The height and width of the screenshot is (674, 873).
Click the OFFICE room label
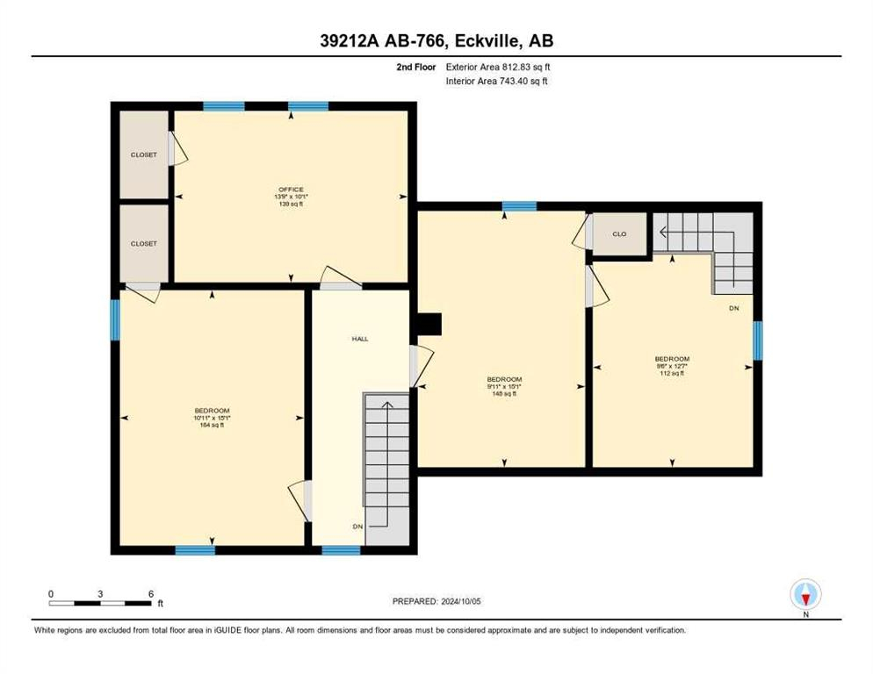point(291,190)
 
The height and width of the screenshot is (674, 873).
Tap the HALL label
point(359,338)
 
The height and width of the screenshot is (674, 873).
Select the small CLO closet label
point(619,234)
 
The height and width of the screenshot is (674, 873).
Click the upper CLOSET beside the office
point(144,154)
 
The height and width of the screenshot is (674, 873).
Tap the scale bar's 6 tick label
point(151,594)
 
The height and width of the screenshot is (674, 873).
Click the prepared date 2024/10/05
point(437,601)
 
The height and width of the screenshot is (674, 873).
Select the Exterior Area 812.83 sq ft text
point(498,67)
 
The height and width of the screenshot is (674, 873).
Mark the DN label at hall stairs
point(357,526)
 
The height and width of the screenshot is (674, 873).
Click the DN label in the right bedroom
point(733,309)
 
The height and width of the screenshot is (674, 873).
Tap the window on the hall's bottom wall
point(341,550)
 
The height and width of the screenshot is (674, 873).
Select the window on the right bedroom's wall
point(757,341)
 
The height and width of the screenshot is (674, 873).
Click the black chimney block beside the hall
point(429,325)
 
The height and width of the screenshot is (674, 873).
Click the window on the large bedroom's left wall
point(114,320)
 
